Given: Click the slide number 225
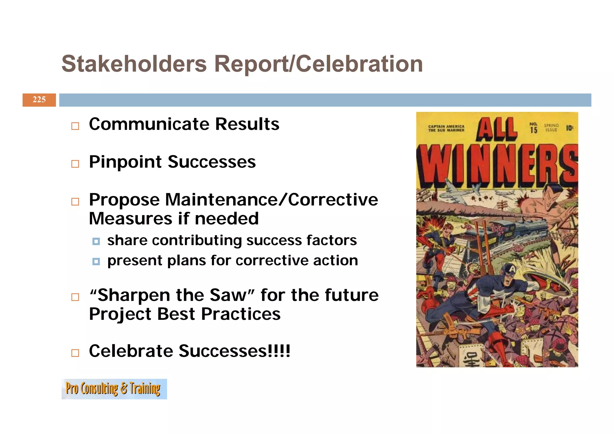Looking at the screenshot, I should click(x=39, y=100).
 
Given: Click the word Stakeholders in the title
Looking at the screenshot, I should click(x=134, y=64).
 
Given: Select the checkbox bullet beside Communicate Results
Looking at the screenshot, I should click(x=75, y=126).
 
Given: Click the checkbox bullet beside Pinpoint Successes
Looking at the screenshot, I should click(x=75, y=164).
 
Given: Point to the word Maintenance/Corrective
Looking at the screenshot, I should click(x=272, y=200).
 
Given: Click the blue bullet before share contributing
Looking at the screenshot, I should click(x=96, y=241).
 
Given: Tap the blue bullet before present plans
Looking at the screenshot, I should click(x=96, y=262).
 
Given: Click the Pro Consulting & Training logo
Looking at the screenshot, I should click(x=114, y=389).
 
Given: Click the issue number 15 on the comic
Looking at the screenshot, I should click(x=533, y=130).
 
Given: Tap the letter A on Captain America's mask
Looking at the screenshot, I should click(x=512, y=270).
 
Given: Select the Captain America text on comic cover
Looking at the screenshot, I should click(x=446, y=127).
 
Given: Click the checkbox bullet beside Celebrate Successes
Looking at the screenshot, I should click(x=75, y=353).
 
